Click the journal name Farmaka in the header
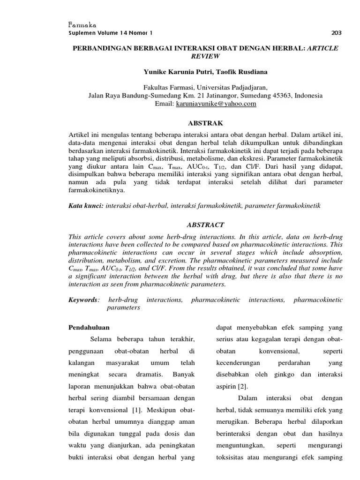click(x=82, y=25)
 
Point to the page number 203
click(x=337, y=33)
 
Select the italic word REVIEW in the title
click(x=205, y=56)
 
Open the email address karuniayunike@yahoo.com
click(x=216, y=104)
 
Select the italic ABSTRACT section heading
click(x=205, y=225)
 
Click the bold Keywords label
click(x=83, y=299)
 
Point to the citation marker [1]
click(x=136, y=410)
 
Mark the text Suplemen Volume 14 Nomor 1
click(x=111, y=33)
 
